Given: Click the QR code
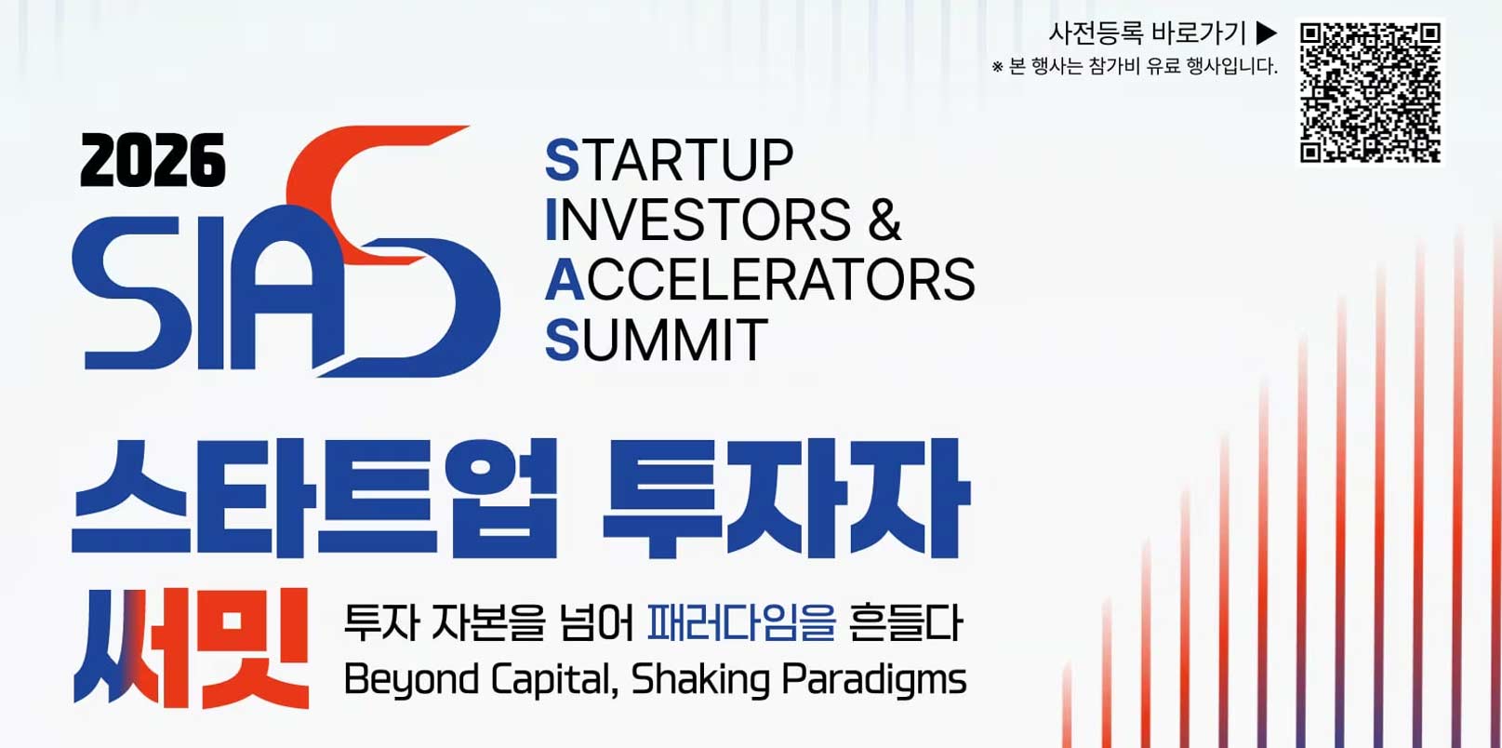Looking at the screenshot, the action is click(x=1371, y=93).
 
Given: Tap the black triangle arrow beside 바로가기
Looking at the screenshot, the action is click(x=1267, y=33).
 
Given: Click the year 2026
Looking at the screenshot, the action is click(x=153, y=160).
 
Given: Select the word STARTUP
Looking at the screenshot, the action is click(x=670, y=160).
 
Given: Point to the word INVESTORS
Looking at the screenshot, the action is click(x=698, y=220).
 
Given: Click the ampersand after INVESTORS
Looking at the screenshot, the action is click(x=884, y=220).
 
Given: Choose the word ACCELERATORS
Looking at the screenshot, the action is click(x=761, y=280).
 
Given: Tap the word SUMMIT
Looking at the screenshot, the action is click(x=657, y=341).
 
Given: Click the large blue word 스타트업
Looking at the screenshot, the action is click(x=314, y=499).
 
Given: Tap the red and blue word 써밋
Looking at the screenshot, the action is click(x=191, y=648).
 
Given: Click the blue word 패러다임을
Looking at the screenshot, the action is click(x=741, y=623).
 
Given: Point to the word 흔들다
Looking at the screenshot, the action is click(x=906, y=623).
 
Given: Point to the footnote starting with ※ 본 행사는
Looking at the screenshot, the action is click(x=1135, y=66).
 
